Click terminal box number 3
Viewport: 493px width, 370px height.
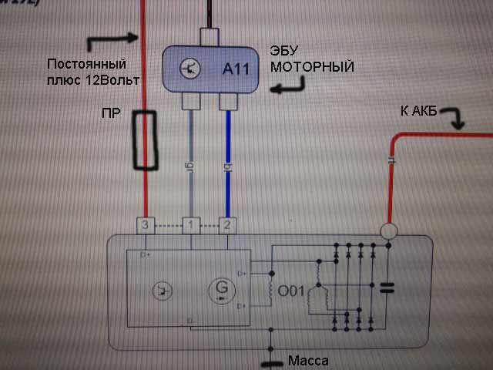tap(146, 225)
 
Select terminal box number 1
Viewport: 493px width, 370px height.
tap(190, 225)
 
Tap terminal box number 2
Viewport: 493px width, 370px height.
tap(227, 225)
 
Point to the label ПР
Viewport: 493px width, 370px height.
tap(112, 113)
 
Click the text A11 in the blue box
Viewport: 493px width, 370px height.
tap(236, 69)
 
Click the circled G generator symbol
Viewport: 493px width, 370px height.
tap(222, 290)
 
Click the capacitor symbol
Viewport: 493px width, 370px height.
tap(387, 289)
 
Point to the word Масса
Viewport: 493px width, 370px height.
tap(308, 360)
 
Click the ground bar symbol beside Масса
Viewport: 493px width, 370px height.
tap(270, 362)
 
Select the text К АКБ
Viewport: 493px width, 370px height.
tap(419, 113)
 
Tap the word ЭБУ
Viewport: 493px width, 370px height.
tap(286, 51)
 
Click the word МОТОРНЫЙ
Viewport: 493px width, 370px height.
tap(312, 67)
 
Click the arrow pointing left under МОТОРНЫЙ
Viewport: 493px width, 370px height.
tap(287, 89)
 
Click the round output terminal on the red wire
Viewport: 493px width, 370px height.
tap(390, 230)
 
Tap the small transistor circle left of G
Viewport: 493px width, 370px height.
tap(163, 291)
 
